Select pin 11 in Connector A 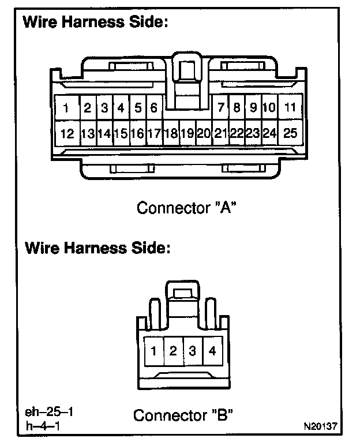coord(290,107)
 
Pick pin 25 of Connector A coord(290,133)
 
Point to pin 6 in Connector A coord(154,108)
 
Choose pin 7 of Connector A coord(220,107)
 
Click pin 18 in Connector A coord(170,134)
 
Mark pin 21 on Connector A coord(220,134)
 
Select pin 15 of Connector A coord(121,134)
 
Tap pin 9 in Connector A coord(253,107)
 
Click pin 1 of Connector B coord(154,351)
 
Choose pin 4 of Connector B coord(212,350)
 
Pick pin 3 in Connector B coord(193,351)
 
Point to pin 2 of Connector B coord(173,351)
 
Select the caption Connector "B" coord(183,415)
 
